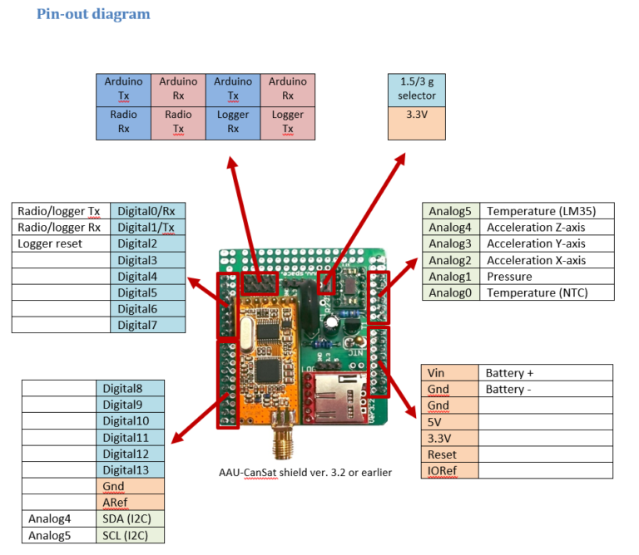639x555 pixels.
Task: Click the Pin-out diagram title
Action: pos(93,14)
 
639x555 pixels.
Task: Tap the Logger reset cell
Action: pos(61,243)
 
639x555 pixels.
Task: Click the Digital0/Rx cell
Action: pos(147,211)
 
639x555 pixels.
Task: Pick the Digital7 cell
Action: pos(147,325)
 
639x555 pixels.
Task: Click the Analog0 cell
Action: pos(450,292)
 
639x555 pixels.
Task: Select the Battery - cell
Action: pos(546,390)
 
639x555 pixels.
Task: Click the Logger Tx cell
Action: pos(288,122)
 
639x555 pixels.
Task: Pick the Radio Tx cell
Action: pos(178,122)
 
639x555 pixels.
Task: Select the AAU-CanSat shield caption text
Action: pos(300,473)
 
